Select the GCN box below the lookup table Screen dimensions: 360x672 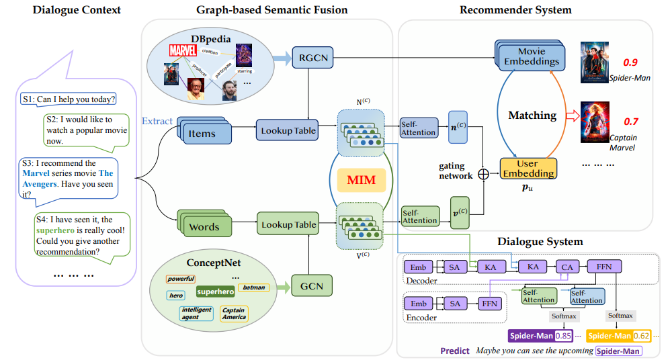click(x=311, y=286)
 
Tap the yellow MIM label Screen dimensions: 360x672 click(x=361, y=179)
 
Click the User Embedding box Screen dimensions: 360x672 click(x=529, y=168)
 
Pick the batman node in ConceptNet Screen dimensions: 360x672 click(x=253, y=287)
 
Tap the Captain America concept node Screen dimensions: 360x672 click(x=234, y=314)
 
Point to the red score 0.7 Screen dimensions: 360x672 click(x=630, y=122)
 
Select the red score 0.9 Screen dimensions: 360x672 click(x=630, y=62)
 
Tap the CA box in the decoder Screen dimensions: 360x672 click(x=566, y=267)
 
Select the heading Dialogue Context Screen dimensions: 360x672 click(x=68, y=10)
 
